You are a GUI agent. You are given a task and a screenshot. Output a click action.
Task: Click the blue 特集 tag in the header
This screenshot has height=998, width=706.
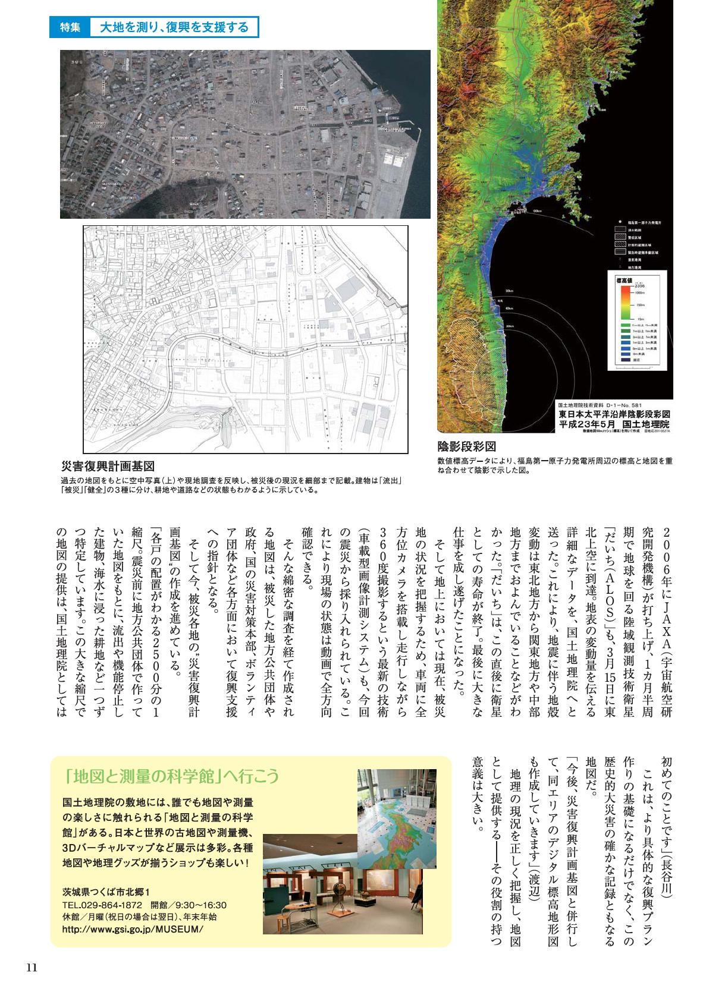click(x=69, y=27)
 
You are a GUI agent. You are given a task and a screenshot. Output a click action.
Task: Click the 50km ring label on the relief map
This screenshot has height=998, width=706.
click(x=509, y=291)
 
